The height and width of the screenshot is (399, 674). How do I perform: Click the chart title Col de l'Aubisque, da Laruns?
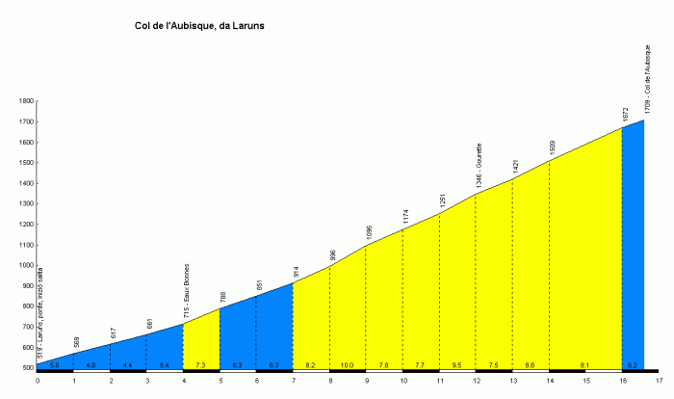[x=199, y=26]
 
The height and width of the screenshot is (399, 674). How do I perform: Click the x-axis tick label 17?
[x=659, y=381]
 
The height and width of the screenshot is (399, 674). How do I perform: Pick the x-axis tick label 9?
[x=366, y=381]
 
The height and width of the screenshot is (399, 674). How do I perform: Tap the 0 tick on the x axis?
[x=38, y=381]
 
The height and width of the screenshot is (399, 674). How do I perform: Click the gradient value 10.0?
[x=348, y=366]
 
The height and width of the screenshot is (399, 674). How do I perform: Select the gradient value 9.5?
[x=457, y=366]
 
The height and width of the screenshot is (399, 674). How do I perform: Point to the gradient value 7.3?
[x=201, y=366]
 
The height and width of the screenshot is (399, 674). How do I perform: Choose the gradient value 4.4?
[x=128, y=366]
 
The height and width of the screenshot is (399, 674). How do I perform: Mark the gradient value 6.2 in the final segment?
[x=633, y=366]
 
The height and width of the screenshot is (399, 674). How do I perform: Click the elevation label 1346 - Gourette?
[x=479, y=166]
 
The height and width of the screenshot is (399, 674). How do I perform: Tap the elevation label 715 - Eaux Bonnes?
[x=186, y=288]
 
